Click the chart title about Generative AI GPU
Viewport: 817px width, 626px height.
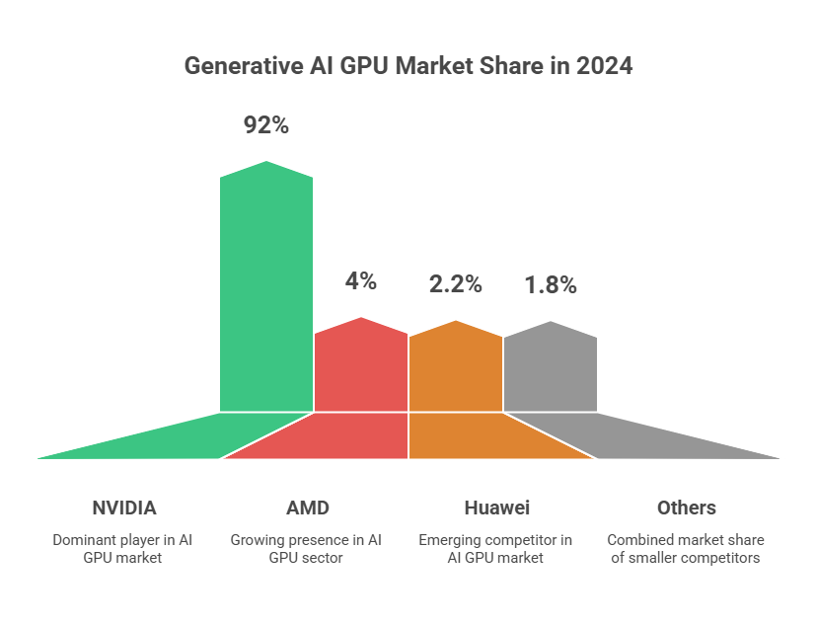pyautogui.click(x=408, y=67)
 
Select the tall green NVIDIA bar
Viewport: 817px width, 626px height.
pyautogui.click(x=266, y=286)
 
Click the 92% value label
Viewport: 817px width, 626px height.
pyautogui.click(x=266, y=125)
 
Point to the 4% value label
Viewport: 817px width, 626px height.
pyautogui.click(x=361, y=280)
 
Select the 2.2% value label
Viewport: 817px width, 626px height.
pyautogui.click(x=455, y=284)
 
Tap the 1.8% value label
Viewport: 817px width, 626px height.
pyautogui.click(x=550, y=285)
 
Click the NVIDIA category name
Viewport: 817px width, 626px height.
pyautogui.click(x=124, y=508)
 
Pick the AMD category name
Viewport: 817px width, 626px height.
pyautogui.click(x=307, y=508)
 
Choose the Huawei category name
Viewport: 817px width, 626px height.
pyautogui.click(x=496, y=508)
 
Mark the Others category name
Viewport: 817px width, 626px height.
pyautogui.click(x=686, y=508)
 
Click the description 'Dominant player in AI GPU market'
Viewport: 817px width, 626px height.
pyautogui.click(x=124, y=549)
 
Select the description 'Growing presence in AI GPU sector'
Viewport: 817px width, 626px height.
pyautogui.click(x=307, y=549)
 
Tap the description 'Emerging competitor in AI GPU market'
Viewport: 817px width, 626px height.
pyautogui.click(x=496, y=549)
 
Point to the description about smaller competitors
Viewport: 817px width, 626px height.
pyautogui.click(x=686, y=549)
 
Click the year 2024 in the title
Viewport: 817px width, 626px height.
pyautogui.click(x=604, y=67)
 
